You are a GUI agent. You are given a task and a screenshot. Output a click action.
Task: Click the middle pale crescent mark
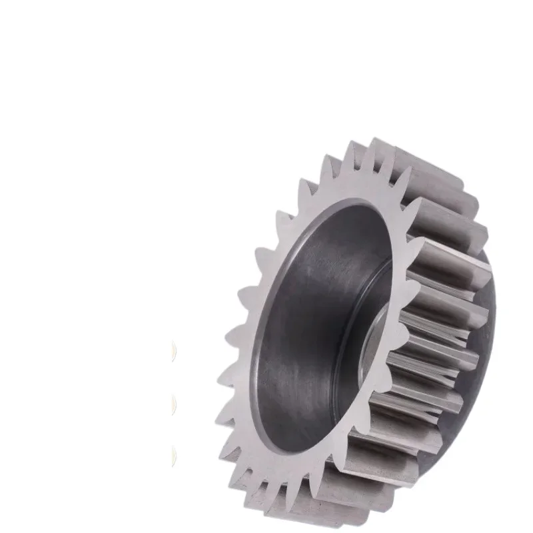tap(175, 404)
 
